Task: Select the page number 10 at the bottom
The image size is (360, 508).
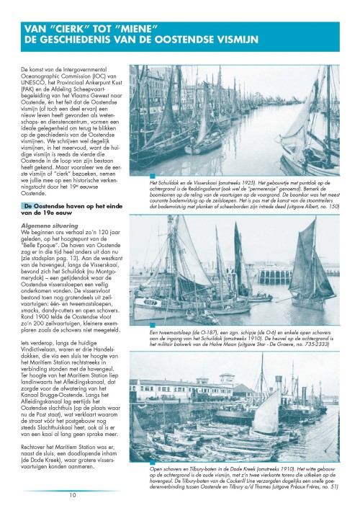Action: pos(73,495)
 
